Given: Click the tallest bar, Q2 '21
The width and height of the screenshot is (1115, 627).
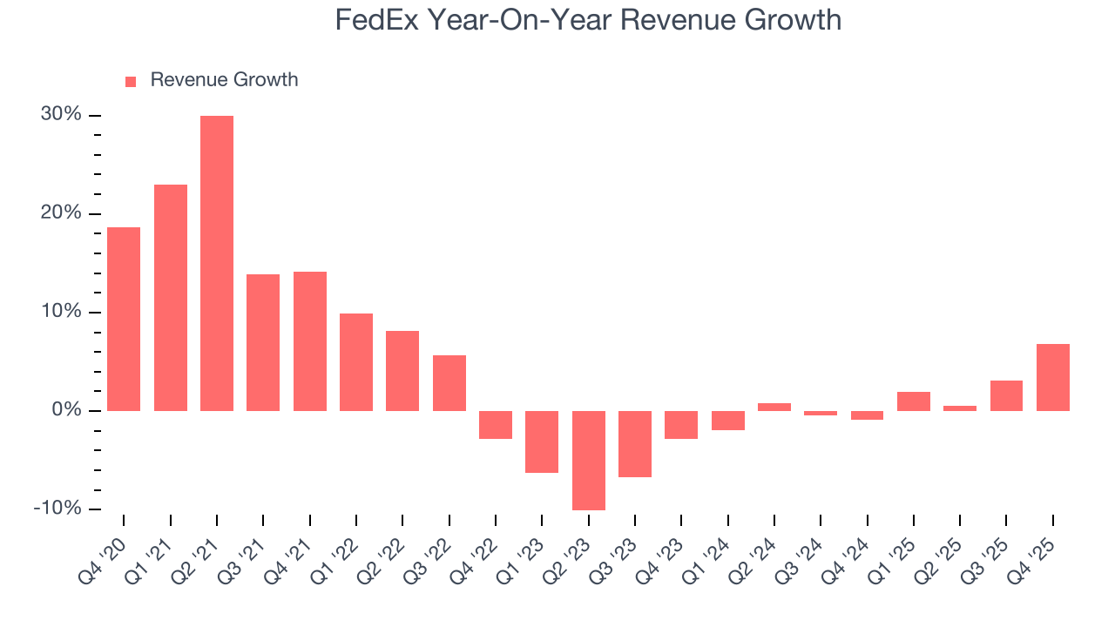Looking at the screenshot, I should pos(217,263).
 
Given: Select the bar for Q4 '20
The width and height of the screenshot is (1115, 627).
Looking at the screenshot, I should pos(124,319).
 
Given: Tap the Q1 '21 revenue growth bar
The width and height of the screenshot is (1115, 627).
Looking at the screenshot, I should pos(171,298).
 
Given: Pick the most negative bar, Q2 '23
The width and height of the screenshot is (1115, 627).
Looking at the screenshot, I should pos(589,460).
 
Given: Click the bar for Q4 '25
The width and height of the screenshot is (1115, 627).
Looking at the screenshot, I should pos(1053,377).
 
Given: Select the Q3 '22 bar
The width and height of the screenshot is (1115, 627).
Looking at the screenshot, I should pos(449,383).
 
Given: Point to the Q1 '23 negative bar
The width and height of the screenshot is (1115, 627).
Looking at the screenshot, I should pos(542,442).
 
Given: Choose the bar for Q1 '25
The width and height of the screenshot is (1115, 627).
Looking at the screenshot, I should pos(914,401).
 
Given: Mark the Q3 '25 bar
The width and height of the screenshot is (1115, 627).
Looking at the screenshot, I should pos(1006,395).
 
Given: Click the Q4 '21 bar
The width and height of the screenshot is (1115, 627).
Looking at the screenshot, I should pos(310,341).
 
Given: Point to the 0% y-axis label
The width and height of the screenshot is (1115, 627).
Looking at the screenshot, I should pos(66,410).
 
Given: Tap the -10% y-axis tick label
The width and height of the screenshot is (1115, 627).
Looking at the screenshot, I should pos(57,509).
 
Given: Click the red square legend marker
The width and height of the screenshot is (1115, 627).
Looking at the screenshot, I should pos(131,82).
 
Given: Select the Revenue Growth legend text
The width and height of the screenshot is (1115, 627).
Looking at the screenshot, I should pos(224,80).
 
